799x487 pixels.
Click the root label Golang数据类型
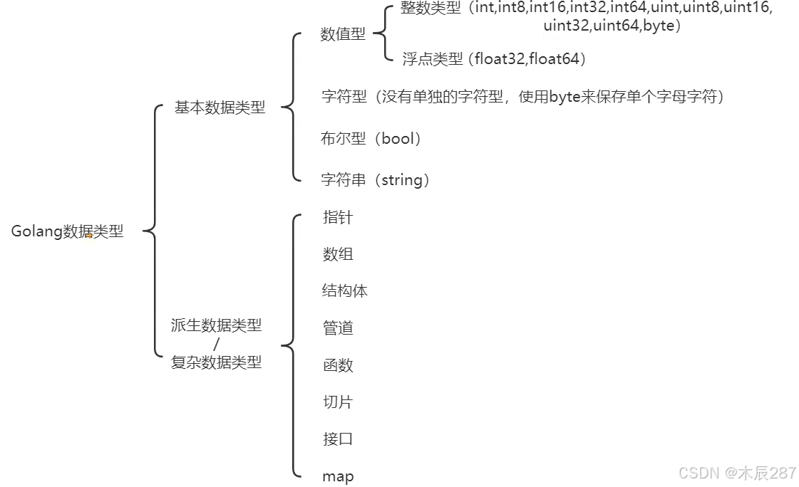click(67, 231)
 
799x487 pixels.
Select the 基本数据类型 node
click(220, 108)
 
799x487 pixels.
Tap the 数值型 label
click(343, 34)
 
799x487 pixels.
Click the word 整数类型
click(431, 9)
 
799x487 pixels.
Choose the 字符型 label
click(344, 96)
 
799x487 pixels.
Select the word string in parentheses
click(402, 180)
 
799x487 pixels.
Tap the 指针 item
click(338, 217)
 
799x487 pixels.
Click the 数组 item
click(338, 254)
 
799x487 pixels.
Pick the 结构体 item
click(345, 290)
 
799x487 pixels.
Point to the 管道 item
click(338, 328)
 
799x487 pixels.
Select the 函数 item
click(338, 365)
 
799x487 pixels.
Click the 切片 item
click(338, 402)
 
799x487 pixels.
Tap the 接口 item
click(338, 439)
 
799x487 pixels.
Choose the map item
click(338, 476)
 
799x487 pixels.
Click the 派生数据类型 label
click(216, 325)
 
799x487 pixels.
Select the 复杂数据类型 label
click(216, 362)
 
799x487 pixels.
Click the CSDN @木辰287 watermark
click(737, 473)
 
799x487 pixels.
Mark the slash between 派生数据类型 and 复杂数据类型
click(216, 344)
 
